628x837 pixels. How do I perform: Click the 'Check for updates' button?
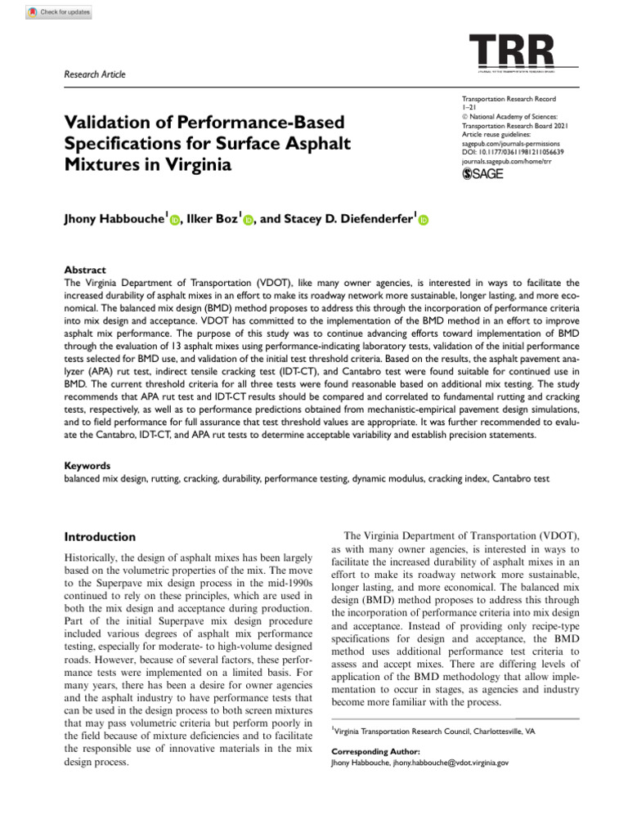pyautogui.click(x=59, y=12)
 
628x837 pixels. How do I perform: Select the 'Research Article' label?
pyautogui.click(x=94, y=74)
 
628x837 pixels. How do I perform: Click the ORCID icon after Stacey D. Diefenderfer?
pyautogui.click(x=424, y=220)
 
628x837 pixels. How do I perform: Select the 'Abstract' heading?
pyautogui.click(x=84, y=270)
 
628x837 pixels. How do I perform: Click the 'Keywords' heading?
pyautogui.click(x=87, y=464)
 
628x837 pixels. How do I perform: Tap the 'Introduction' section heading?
pyautogui.click(x=100, y=537)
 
